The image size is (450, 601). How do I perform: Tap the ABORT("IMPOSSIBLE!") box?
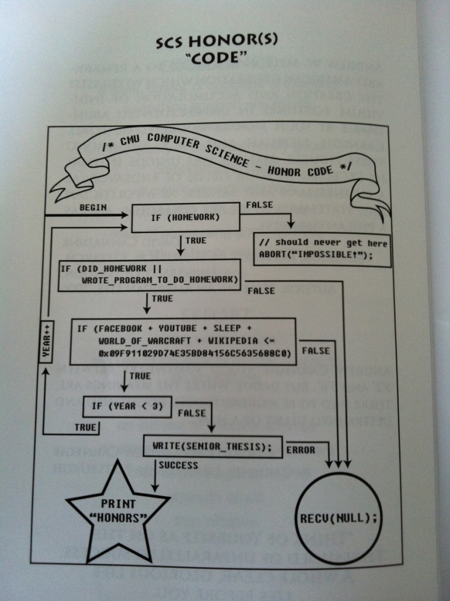pos(322,249)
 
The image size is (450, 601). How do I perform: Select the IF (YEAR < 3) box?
pos(128,407)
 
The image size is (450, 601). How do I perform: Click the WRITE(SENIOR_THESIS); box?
pos(213,446)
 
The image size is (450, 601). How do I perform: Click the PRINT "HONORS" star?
pos(118,510)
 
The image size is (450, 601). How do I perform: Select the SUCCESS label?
pos(178,466)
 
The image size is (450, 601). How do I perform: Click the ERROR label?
pos(301,450)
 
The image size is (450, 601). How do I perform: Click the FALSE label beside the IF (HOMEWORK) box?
pos(259,205)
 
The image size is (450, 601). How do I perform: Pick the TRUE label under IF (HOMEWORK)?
pos(195,241)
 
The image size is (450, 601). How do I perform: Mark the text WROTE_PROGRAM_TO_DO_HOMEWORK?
pos(159,280)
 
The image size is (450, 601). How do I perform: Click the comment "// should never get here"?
pos(322,244)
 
